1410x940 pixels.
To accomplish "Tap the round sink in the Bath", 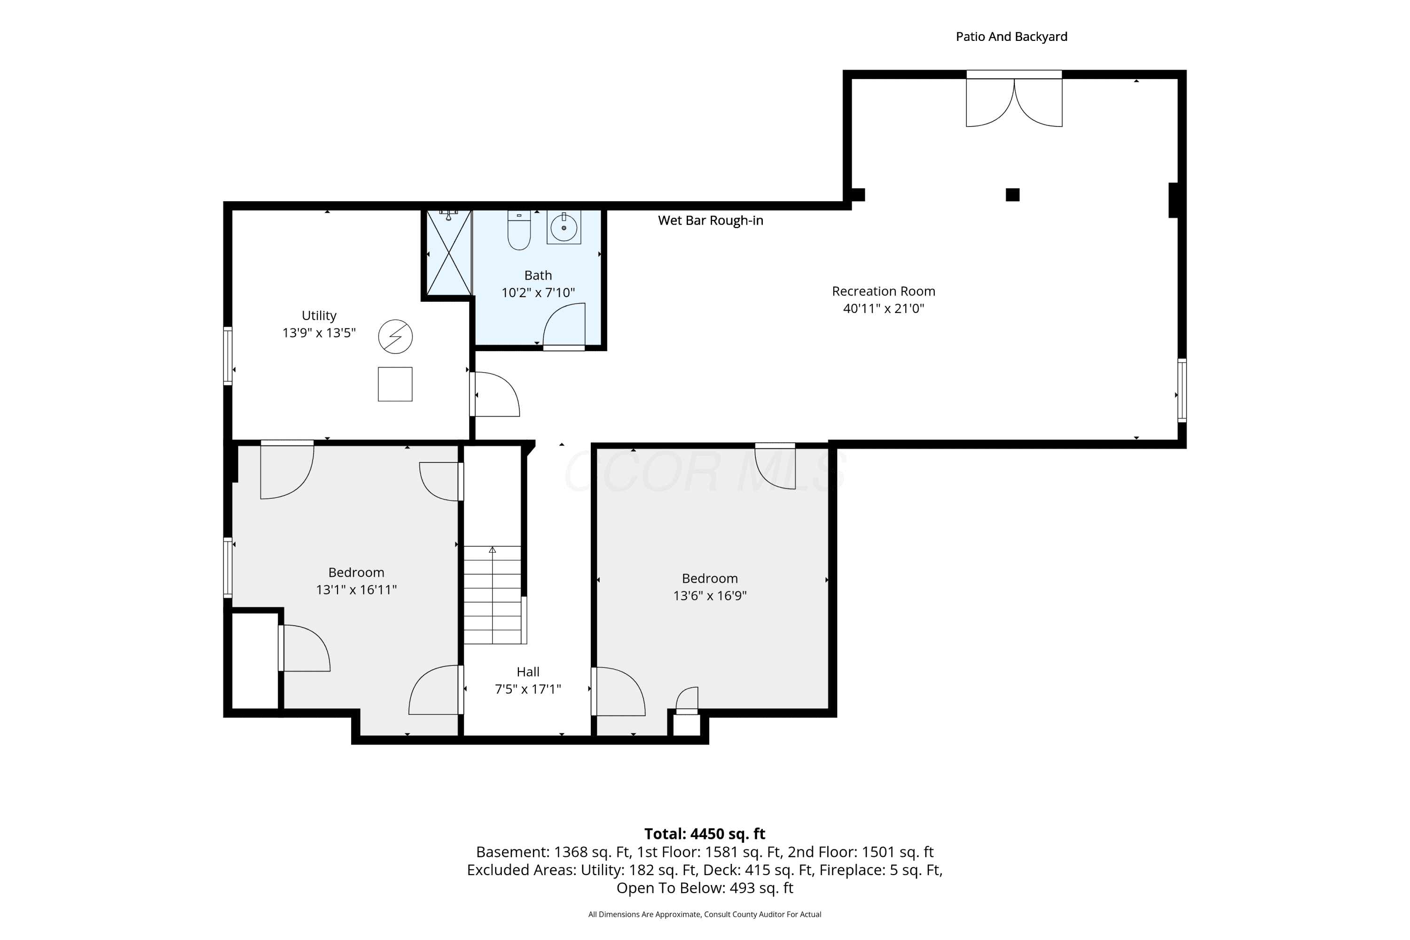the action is [x=564, y=228].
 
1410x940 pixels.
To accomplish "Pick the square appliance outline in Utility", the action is [x=395, y=384].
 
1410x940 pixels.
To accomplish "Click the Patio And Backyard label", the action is [x=1011, y=37].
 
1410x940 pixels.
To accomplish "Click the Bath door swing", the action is [x=564, y=326].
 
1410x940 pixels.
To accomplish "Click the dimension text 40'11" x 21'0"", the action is [x=884, y=309].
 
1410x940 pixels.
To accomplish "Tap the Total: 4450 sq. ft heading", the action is [x=705, y=834].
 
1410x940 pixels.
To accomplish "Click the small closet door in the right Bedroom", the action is [x=687, y=701].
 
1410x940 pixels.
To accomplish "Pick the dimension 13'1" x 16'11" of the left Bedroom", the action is [x=356, y=590].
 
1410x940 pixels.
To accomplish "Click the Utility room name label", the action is [x=319, y=316].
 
